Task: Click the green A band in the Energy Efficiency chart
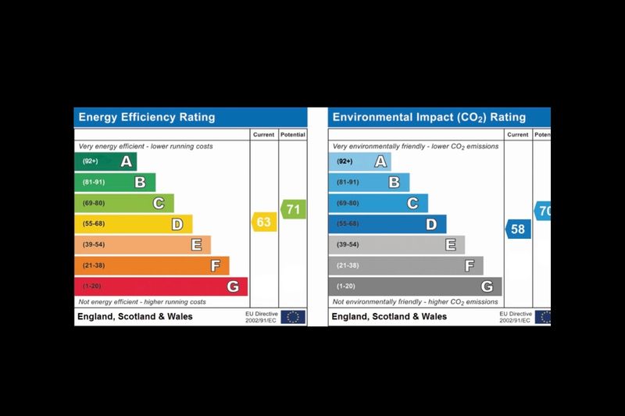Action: pos(105,162)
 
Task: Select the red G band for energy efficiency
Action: pos(160,286)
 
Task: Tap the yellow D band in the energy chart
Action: pos(133,224)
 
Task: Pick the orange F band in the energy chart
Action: pos(152,266)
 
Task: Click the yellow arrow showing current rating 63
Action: pos(263,222)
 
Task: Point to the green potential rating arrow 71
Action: pos(293,209)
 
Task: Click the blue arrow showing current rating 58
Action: pos(517,229)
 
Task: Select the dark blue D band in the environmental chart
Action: pos(387,224)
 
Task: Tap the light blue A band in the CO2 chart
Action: pos(359,162)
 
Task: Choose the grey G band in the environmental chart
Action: pos(415,286)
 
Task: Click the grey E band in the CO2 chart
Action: pos(396,245)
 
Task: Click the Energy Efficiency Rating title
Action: pos(147,118)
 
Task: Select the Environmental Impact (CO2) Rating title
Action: pos(429,118)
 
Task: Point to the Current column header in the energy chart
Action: pos(263,134)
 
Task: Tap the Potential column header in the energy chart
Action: pos(293,134)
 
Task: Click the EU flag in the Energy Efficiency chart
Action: pos(293,317)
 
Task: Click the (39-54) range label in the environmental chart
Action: pos(348,245)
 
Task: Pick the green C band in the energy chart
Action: pos(123,204)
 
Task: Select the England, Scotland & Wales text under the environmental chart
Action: pos(389,317)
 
